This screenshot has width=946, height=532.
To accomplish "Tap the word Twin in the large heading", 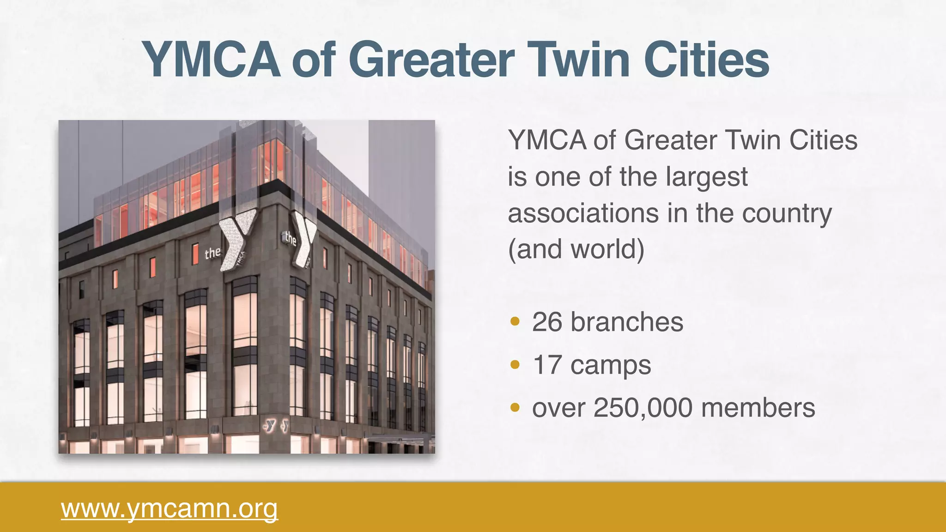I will (582, 60).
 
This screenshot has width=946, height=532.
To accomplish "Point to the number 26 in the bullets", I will (547, 322).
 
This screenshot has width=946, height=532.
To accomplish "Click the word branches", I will (627, 322).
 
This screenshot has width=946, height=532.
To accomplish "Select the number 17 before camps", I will (547, 365).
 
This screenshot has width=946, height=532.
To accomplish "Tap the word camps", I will (611, 366).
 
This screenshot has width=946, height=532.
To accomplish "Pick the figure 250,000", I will (643, 408).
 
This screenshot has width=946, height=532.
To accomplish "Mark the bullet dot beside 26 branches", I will (515, 321).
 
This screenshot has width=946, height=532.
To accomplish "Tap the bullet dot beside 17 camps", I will (515, 365).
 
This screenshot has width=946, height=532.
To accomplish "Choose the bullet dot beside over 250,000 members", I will (515, 408).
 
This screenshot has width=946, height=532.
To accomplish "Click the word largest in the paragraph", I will (707, 177).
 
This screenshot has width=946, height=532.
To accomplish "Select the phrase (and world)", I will (576, 249).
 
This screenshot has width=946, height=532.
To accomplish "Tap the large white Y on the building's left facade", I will (236, 238).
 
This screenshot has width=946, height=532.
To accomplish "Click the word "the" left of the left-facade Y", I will (212, 253).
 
